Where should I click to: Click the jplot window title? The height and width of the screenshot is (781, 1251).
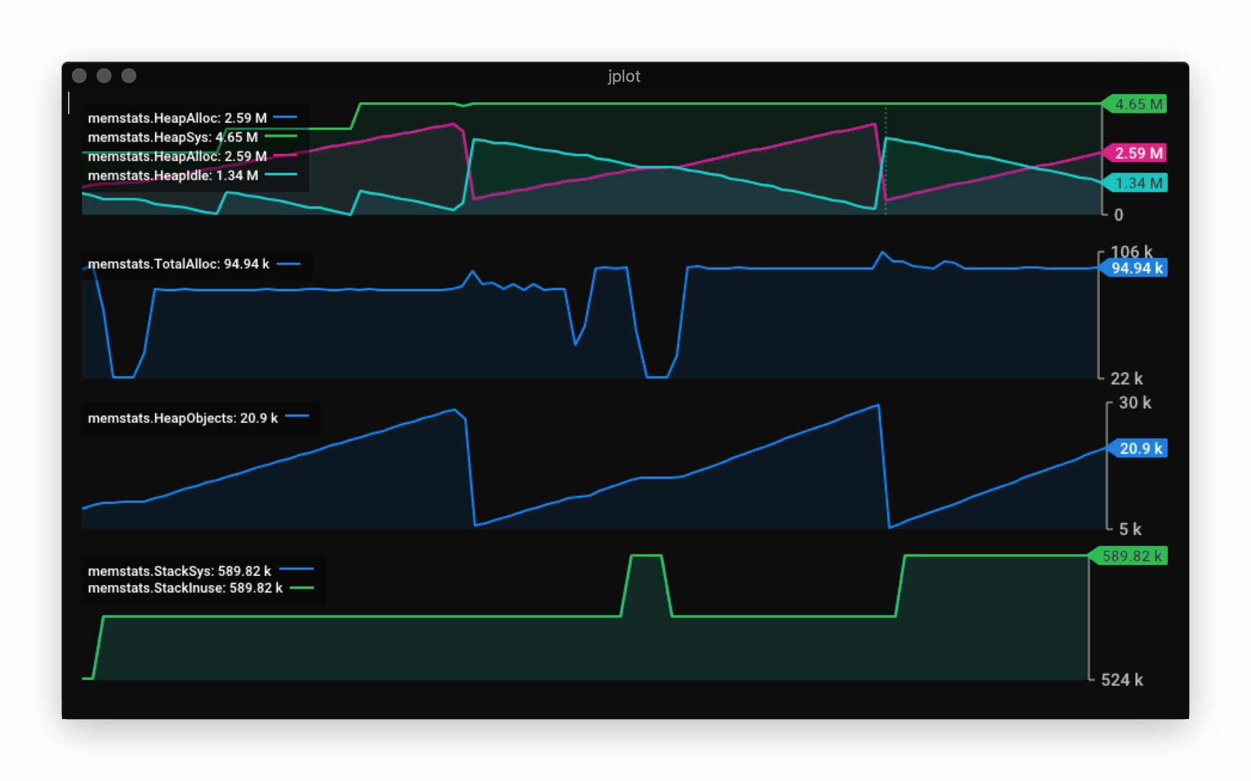point(624,76)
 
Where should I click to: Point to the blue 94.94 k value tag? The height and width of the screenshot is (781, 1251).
point(1136,268)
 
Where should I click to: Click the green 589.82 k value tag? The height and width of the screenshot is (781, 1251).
point(1131,556)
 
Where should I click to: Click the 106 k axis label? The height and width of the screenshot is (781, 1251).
point(1131,252)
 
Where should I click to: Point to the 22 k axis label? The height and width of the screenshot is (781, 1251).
point(1126,379)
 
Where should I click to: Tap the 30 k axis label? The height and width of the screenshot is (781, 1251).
point(1135,403)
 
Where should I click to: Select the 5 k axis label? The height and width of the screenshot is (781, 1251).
point(1130,529)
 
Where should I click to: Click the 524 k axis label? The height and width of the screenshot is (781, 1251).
point(1122,680)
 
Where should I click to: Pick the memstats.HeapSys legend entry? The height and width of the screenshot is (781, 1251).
point(173,137)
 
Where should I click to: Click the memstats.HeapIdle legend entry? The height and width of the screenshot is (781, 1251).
point(173,175)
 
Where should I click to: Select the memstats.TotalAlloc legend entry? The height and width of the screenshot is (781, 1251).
point(178,264)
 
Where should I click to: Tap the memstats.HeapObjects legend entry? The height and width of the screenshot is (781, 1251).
point(183,418)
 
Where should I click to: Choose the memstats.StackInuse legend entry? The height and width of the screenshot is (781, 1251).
point(185,588)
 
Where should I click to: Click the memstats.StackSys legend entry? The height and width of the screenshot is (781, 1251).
point(180,571)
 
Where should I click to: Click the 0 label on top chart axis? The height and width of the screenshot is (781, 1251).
point(1118,215)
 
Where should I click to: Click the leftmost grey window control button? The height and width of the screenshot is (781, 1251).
point(79,76)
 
